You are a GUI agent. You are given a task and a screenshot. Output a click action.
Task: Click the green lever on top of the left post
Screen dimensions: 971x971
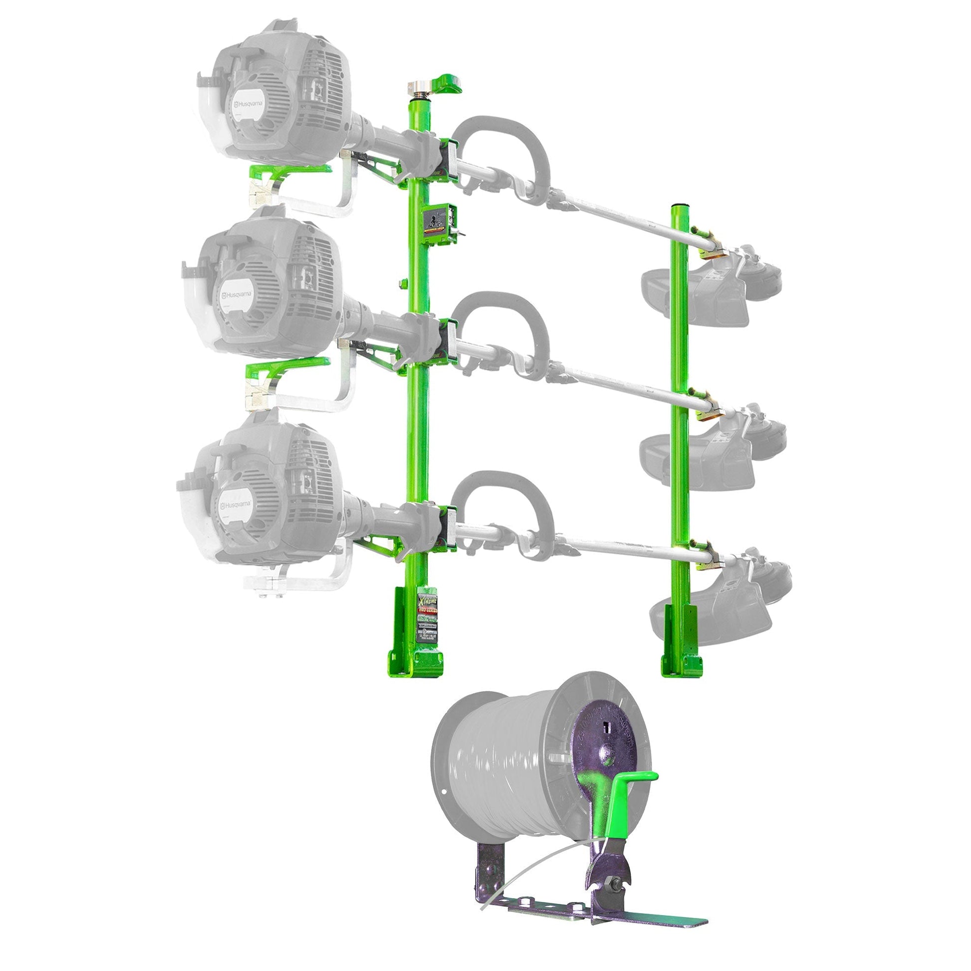(x=449, y=83)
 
